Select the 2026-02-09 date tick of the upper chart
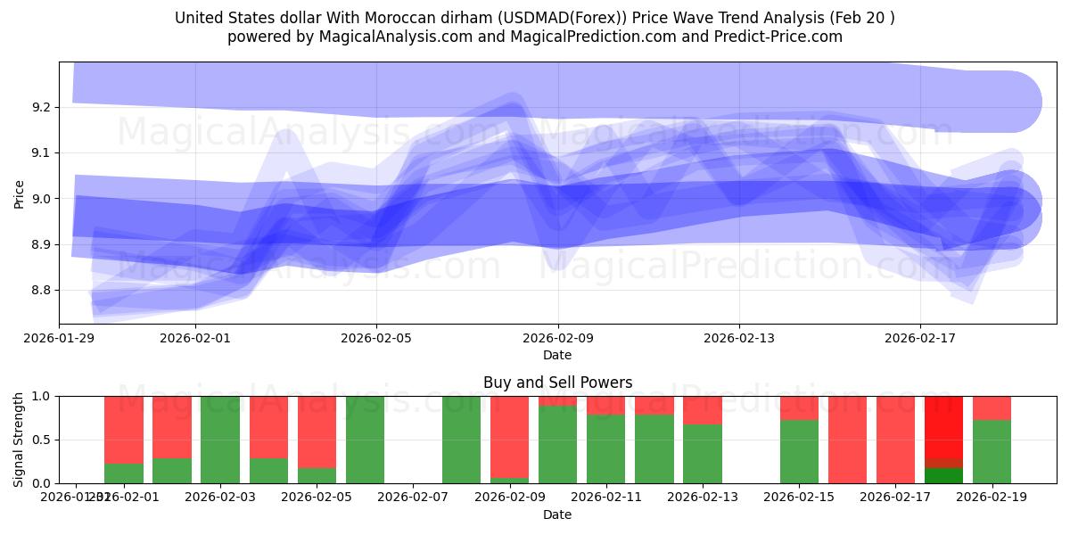557,338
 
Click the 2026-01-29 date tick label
60,338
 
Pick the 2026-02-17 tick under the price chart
919,338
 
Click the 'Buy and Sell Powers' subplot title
557,383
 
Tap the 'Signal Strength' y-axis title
19,440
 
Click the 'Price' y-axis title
19,193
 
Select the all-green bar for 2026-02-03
220,440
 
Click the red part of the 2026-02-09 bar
509,436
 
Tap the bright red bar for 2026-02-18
943,426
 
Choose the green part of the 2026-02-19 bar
992,452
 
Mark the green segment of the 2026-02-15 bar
799,452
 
